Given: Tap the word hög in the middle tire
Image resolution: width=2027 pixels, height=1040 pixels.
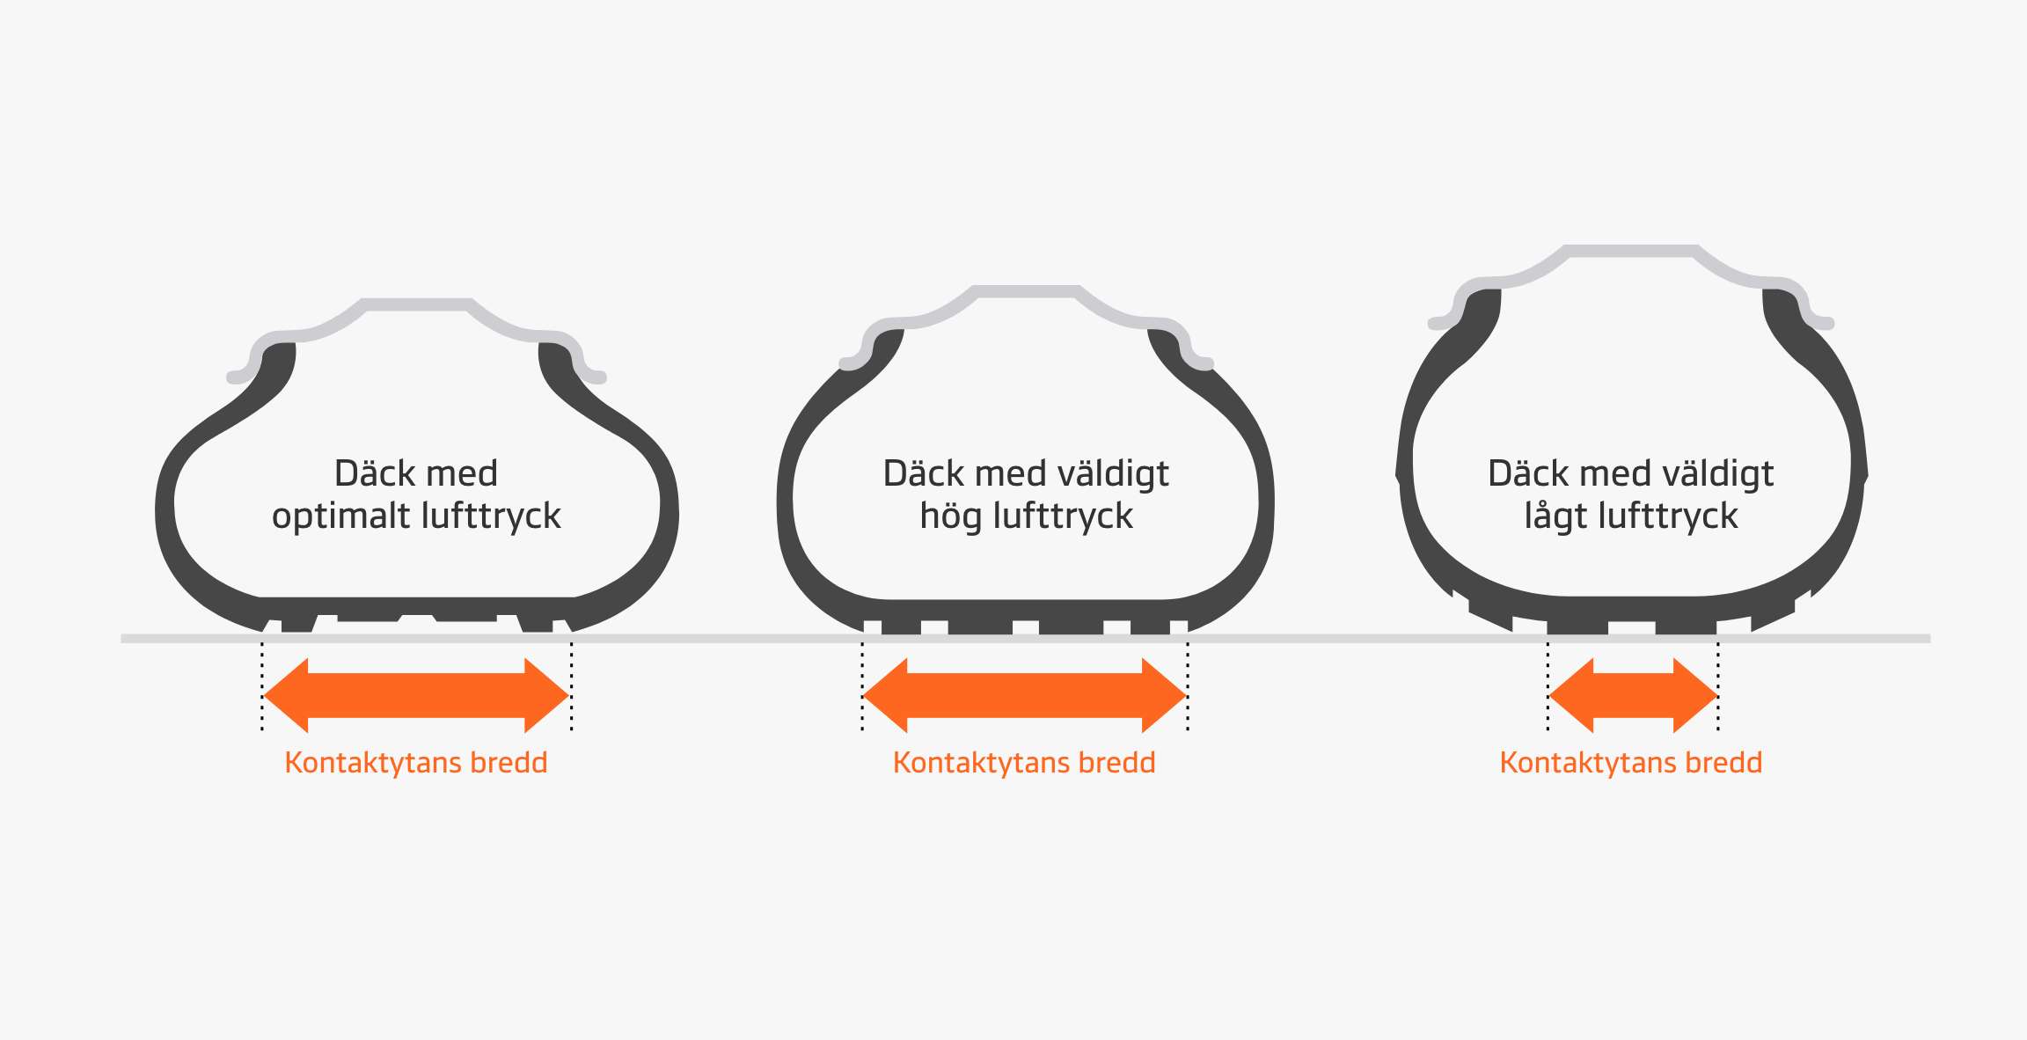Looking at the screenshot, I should [950, 516].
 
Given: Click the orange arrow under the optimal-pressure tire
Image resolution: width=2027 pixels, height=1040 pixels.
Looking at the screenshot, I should [416, 695].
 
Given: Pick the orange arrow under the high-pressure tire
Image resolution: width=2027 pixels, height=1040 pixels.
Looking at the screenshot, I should [1024, 695].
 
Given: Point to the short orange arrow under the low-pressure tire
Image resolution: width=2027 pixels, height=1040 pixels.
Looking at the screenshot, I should [1633, 695].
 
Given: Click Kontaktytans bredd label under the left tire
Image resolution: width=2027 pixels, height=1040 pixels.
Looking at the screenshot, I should [416, 762].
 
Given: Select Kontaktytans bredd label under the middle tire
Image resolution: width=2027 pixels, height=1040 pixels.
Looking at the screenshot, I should [1024, 762].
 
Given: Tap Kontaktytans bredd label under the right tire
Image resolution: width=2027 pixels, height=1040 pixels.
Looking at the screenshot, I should [1631, 762].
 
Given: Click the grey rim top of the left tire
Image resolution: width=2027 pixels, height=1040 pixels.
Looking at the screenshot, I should [417, 304].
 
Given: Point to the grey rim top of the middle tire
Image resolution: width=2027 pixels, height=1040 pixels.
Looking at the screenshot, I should [1026, 291].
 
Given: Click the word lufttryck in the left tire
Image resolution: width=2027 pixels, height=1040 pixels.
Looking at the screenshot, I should [491, 516].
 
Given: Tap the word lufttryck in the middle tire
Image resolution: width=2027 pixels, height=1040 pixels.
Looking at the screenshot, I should [1063, 516].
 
